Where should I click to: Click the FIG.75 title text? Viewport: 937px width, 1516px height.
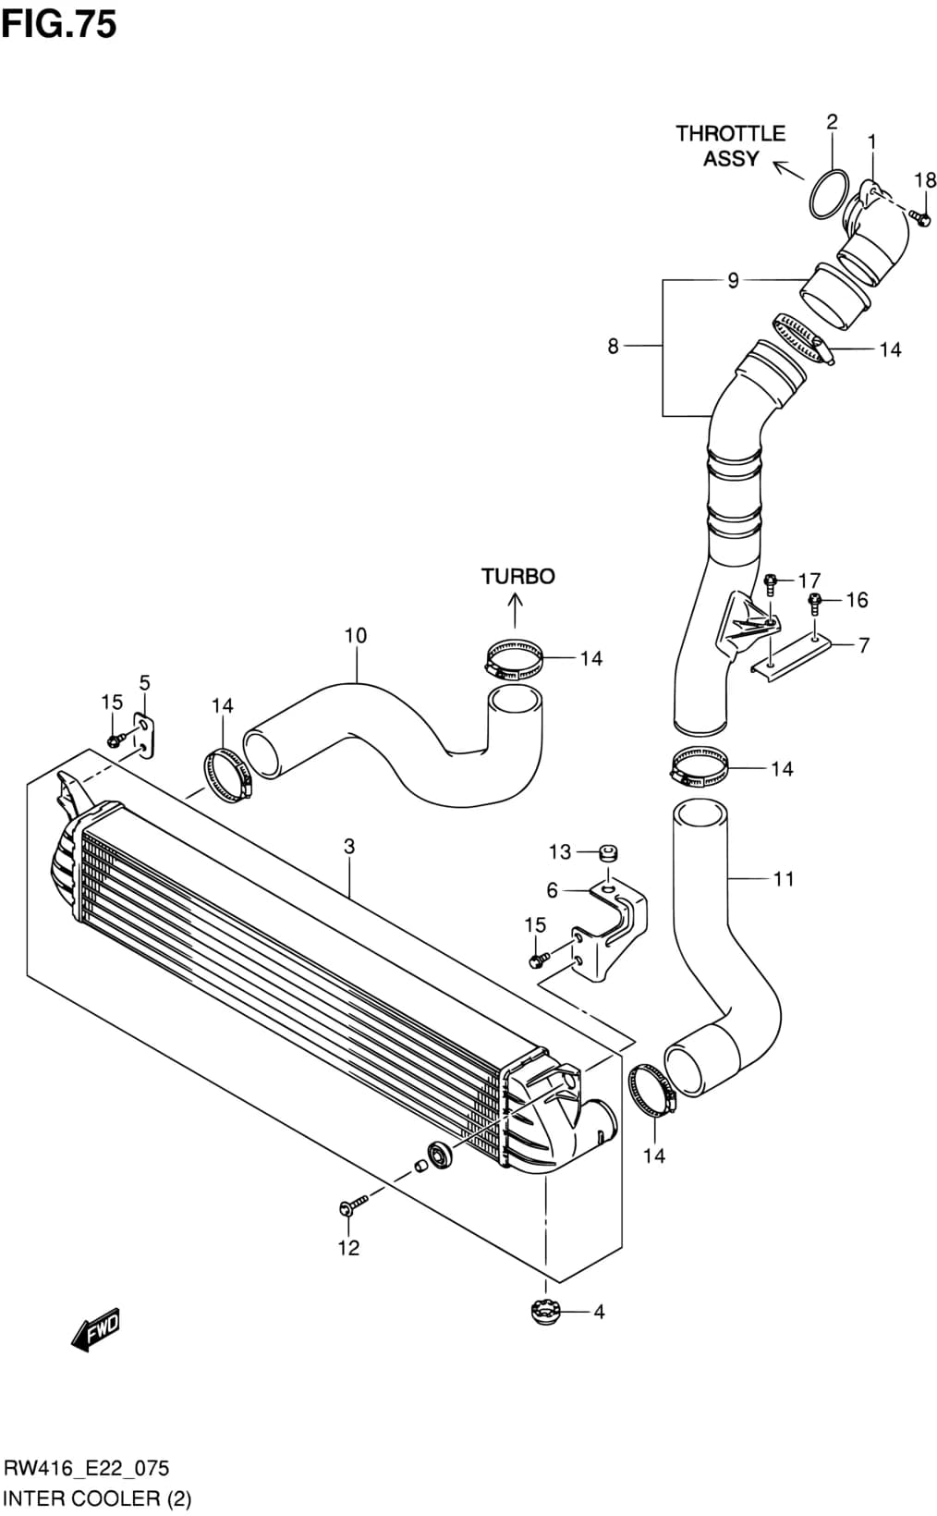(x=59, y=24)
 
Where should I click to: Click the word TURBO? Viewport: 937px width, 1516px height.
(x=517, y=576)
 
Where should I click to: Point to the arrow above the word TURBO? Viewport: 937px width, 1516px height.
(x=515, y=610)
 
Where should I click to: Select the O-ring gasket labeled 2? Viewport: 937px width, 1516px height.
(x=828, y=194)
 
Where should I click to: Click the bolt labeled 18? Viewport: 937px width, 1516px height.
(x=919, y=217)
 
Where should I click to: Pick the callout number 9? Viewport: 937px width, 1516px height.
(x=733, y=280)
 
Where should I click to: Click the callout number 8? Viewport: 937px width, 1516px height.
(x=613, y=347)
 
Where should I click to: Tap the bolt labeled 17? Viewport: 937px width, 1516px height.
(x=770, y=585)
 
